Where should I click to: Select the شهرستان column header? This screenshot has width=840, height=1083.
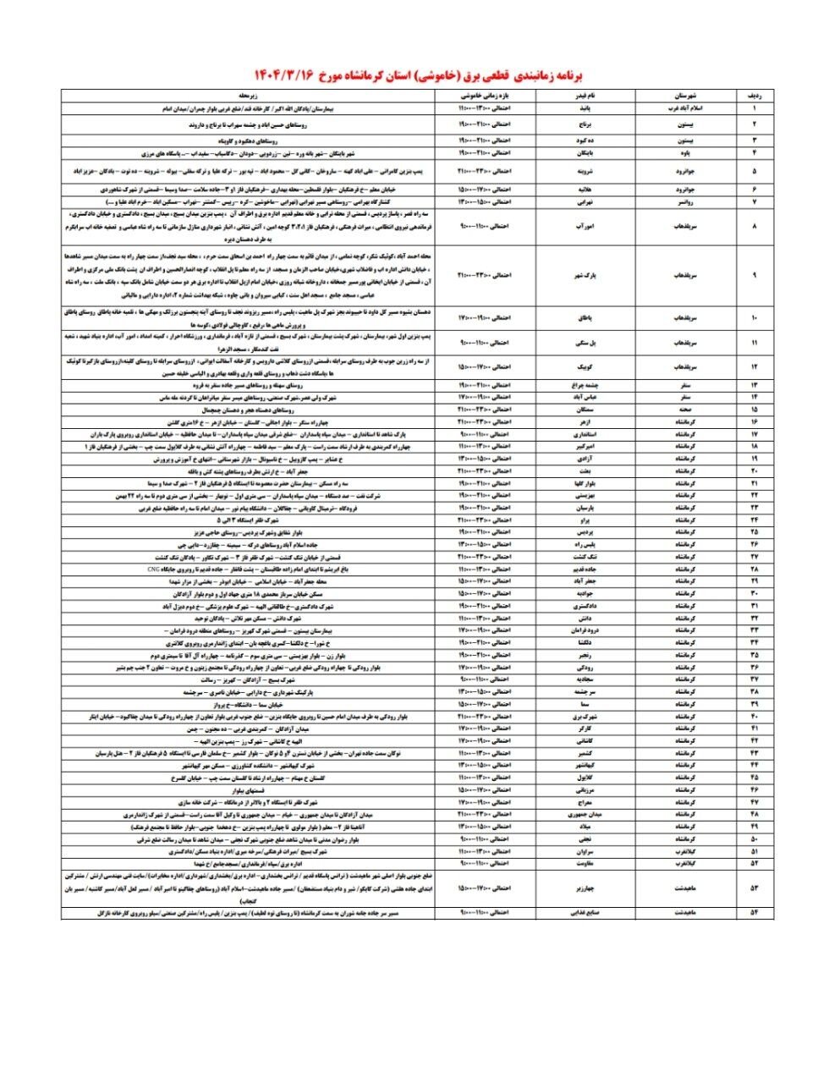pyautogui.click(x=684, y=96)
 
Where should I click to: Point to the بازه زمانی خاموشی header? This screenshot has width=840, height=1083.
pyautogui.click(x=485, y=96)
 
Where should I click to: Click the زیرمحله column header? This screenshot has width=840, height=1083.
pyautogui.click(x=248, y=96)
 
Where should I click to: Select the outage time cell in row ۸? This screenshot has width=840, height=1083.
pyautogui.click(x=485, y=227)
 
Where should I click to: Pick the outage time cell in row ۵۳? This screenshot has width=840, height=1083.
pyautogui.click(x=485, y=888)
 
